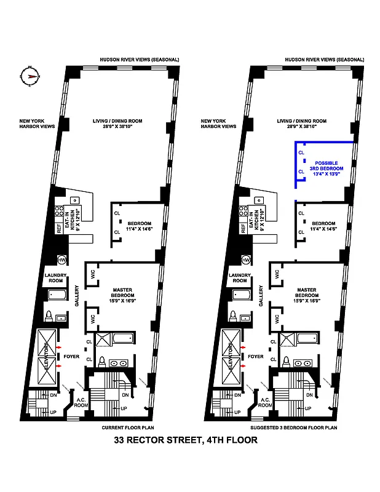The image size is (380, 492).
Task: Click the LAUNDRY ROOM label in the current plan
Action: (x=55, y=277)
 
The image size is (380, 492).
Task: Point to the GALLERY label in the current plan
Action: (x=77, y=296)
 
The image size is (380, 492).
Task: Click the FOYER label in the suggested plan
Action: (x=256, y=356)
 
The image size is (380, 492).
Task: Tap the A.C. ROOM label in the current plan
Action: (x=81, y=402)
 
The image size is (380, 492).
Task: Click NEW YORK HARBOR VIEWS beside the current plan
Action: (x=36, y=124)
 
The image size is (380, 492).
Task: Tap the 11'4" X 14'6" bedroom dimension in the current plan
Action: (x=138, y=229)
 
